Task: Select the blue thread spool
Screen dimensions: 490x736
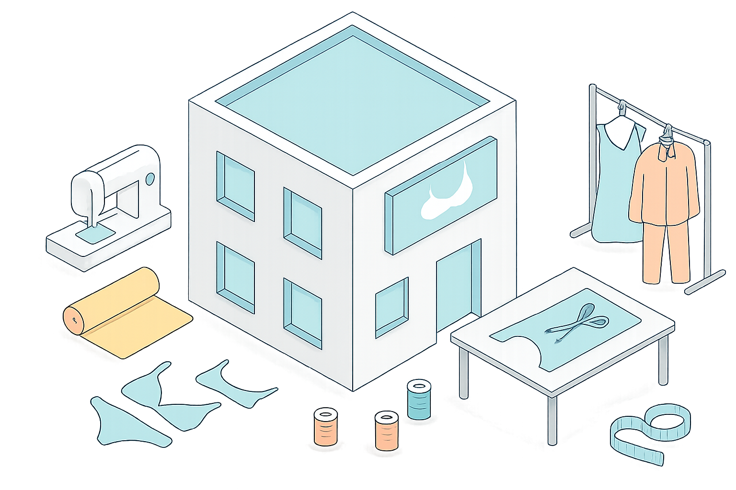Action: pos(419,400)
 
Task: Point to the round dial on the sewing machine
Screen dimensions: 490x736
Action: pos(150,179)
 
